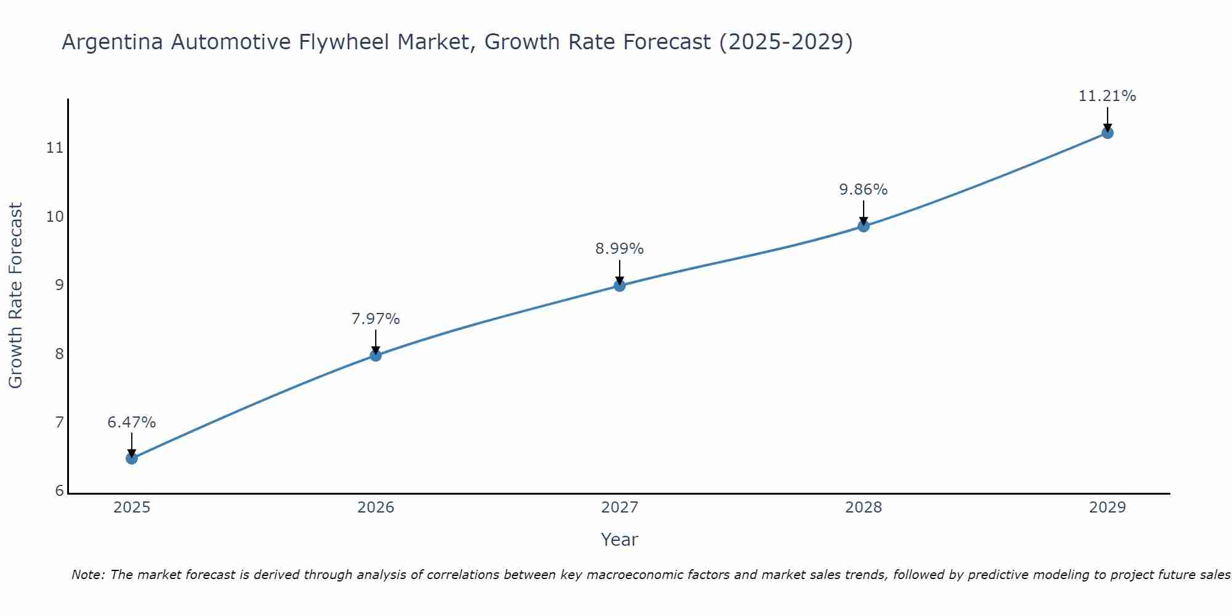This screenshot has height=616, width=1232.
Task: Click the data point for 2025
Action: click(131, 458)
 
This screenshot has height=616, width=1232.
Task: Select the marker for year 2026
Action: click(376, 355)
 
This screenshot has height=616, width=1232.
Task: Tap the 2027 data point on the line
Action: click(620, 285)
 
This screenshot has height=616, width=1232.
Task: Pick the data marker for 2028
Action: click(864, 226)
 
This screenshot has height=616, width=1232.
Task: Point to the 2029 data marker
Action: click(1107, 133)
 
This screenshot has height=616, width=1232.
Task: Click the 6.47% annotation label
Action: click(131, 423)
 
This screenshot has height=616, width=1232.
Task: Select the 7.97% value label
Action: click(376, 319)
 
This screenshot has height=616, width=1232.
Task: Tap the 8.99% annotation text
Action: click(620, 249)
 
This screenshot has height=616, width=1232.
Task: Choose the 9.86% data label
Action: click(864, 190)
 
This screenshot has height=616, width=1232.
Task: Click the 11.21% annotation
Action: click(1107, 96)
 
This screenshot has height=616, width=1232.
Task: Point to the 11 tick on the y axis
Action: click(55, 148)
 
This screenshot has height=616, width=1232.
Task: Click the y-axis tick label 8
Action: click(59, 354)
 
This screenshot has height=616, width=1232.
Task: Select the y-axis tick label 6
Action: click(59, 491)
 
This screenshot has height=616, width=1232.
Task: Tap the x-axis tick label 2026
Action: click(376, 508)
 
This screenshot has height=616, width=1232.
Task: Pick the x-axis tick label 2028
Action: click(864, 508)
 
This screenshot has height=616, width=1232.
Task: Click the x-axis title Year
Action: click(620, 540)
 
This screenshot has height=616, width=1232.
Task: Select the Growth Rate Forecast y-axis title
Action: click(16, 295)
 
